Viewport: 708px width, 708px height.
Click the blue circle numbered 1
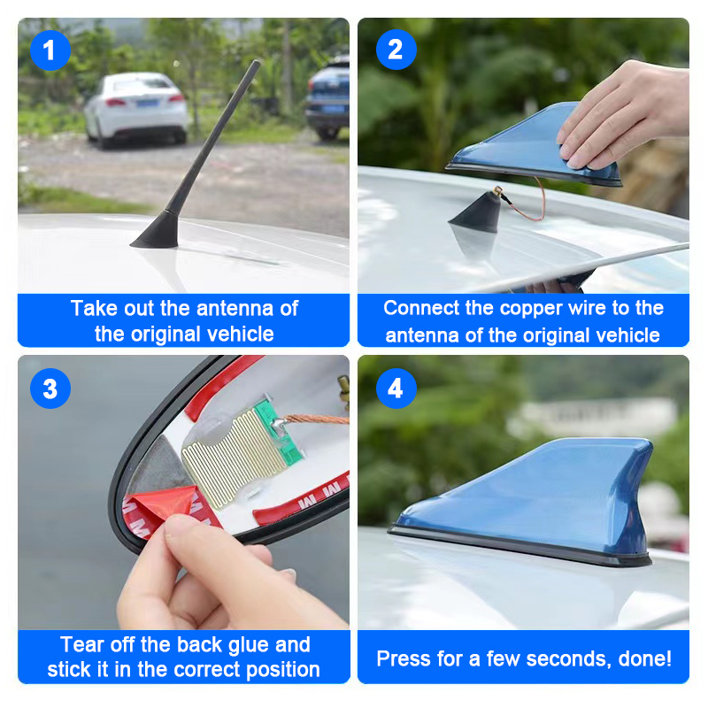click(50, 50)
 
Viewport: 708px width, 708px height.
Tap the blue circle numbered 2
click(396, 50)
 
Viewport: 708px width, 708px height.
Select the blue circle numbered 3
click(50, 389)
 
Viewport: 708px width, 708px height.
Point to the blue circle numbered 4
click(396, 389)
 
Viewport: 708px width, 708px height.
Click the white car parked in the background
click(136, 109)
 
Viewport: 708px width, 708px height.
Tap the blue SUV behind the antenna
click(327, 98)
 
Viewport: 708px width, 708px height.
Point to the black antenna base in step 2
click(475, 212)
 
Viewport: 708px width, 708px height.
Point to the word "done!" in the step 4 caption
click(645, 658)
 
